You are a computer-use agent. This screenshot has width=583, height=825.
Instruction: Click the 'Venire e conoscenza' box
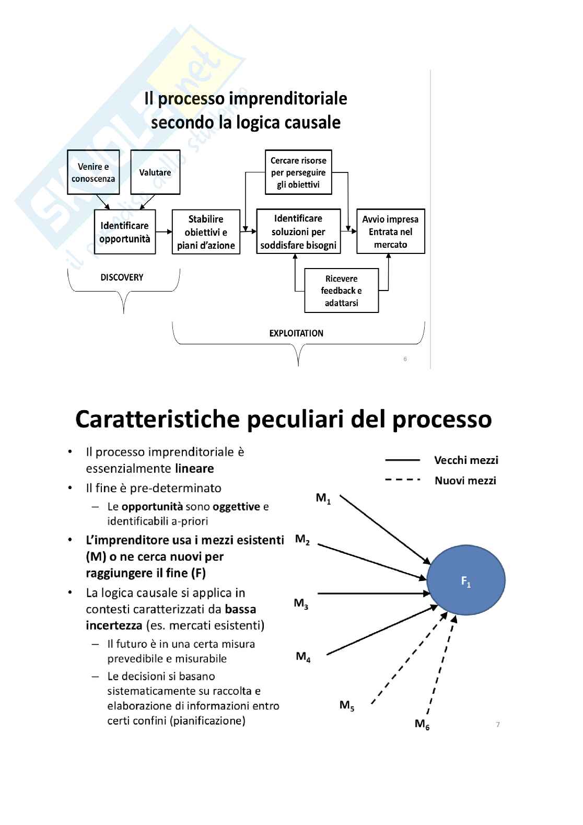coord(94,172)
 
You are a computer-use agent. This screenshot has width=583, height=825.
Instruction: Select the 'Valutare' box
coord(155,172)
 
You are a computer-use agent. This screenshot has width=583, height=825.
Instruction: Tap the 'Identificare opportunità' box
coord(125,232)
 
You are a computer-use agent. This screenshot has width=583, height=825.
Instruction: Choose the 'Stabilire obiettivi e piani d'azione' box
coord(206,232)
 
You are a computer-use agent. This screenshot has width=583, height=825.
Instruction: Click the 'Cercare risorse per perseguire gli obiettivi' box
coord(298,172)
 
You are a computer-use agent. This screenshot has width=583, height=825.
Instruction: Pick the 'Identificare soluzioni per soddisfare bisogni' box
coord(298,231)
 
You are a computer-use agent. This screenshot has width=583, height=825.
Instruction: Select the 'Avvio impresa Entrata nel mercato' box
coord(390,231)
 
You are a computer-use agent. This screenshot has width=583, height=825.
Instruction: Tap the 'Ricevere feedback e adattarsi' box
coord(341,291)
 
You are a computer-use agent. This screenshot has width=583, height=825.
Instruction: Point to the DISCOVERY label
coord(122,277)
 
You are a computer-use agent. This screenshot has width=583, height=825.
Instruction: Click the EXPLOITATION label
coord(296,333)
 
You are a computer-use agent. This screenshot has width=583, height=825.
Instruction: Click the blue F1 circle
coord(466,580)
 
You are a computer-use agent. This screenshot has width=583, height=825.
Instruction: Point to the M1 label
coord(323,498)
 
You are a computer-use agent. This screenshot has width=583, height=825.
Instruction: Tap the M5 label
coord(347,705)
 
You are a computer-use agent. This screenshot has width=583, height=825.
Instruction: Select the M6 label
coord(422,724)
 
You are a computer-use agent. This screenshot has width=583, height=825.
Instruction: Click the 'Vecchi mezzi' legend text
coord(466,460)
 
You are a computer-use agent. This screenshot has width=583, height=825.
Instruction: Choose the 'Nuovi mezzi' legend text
coord(465,481)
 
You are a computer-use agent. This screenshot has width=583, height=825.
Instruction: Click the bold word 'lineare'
coord(194,469)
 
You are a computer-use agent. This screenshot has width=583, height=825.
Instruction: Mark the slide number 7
coord(498,725)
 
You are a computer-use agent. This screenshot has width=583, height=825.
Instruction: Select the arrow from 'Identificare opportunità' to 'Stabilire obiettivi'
coord(164,231)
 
